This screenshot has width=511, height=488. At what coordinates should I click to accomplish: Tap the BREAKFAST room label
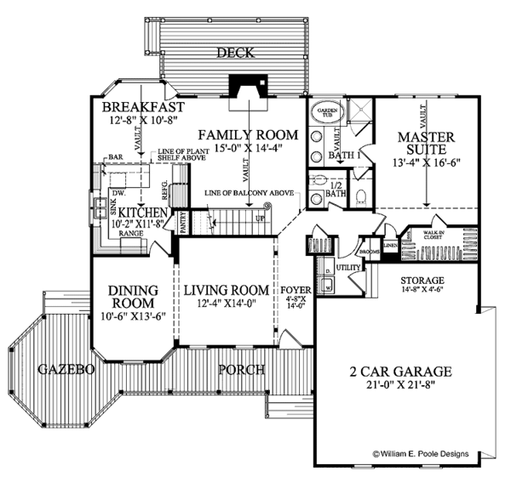[x=143, y=109]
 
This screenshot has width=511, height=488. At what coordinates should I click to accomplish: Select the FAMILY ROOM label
[x=249, y=134]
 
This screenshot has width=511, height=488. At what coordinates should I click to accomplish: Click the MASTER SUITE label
[x=425, y=144]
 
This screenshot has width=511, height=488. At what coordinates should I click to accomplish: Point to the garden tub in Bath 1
[x=329, y=115]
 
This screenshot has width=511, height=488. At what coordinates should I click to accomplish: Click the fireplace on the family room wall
[x=249, y=88]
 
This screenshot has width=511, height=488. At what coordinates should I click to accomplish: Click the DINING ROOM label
[x=132, y=297]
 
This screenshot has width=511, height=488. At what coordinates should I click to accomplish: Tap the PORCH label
[x=240, y=370]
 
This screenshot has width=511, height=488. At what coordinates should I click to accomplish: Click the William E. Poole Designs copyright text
[x=433, y=455]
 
